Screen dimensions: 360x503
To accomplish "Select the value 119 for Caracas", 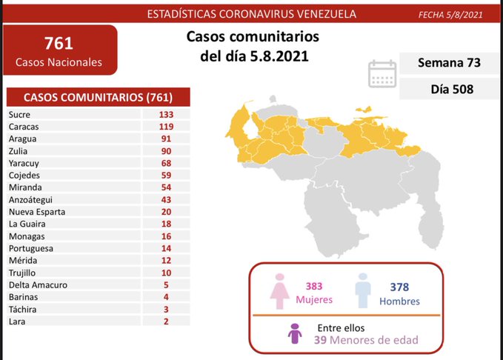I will (x=165, y=127).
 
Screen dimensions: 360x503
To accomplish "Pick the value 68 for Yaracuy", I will (x=165, y=163).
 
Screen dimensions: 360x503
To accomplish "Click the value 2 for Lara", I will (x=165, y=321).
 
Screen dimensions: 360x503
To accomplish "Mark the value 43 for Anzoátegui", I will (x=165, y=199).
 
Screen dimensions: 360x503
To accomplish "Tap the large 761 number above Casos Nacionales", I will (x=59, y=43).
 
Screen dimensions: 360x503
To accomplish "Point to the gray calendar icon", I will (x=382, y=73).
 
